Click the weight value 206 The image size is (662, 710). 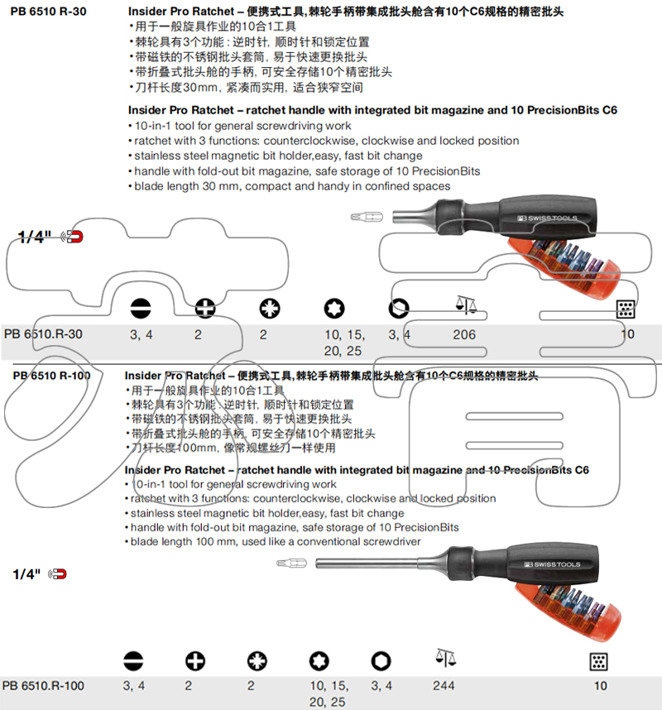coord(464,335)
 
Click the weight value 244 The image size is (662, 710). coord(444,686)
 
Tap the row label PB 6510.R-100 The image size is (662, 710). coord(43,686)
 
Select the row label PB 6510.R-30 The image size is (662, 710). coord(43,335)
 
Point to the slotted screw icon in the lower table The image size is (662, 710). coord(132,661)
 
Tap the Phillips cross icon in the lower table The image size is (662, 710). coord(195,661)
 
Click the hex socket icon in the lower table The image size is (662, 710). coord(381,661)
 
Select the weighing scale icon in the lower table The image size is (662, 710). coord(445,659)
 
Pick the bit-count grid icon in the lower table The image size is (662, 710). coord(598,661)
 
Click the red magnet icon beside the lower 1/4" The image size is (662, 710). coord(58,573)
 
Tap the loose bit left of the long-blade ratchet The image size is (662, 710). coord(291,564)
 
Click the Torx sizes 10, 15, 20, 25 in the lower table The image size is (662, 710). coord(329,694)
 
